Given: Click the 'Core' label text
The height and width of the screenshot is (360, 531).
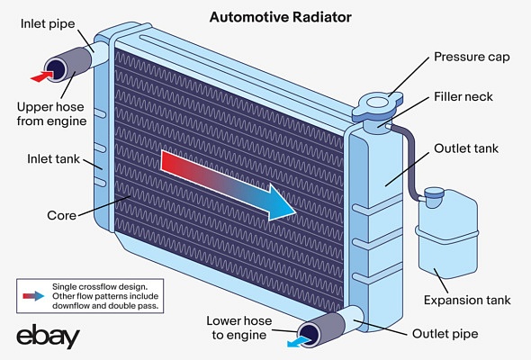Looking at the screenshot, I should pos(61,215).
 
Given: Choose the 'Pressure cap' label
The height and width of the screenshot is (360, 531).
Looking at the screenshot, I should pos(472,57).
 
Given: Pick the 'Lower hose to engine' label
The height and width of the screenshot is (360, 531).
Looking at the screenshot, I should pos(238,328).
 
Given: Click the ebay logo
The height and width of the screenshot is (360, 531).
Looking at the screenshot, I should pos(48,337).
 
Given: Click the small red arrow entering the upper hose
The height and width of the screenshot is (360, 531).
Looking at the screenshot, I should pos(40,77).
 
